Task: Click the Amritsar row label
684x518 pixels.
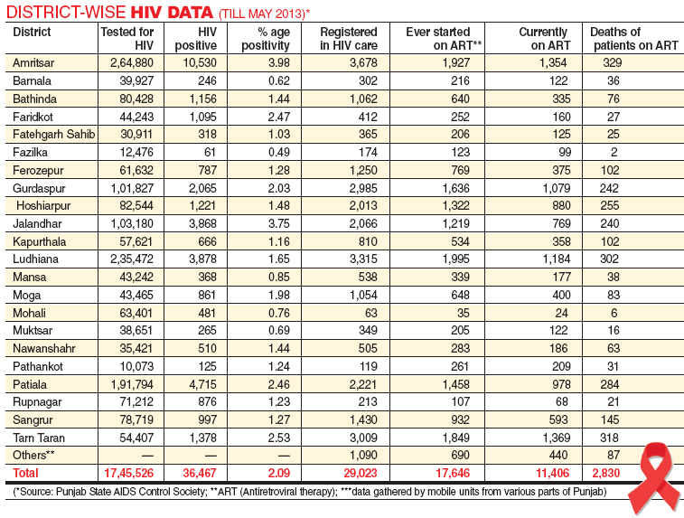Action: [x=33, y=63]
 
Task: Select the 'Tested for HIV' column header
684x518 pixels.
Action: [x=126, y=38]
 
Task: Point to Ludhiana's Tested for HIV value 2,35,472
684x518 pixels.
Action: [x=132, y=259]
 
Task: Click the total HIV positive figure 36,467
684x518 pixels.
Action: [x=200, y=473]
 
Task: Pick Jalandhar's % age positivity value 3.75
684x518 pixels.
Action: [x=279, y=223]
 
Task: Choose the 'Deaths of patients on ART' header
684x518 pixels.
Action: [x=633, y=38]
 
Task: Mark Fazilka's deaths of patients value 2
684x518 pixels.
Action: [x=614, y=152]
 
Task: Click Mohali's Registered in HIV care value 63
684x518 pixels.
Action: [x=371, y=313]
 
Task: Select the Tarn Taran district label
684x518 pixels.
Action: [x=39, y=438]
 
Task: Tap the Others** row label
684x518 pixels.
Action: [x=33, y=455]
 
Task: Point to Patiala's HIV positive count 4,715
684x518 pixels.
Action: [x=202, y=384]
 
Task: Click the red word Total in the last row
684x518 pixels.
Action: [x=25, y=473]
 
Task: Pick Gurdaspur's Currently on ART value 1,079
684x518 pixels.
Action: [x=557, y=188]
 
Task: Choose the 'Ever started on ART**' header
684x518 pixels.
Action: [x=444, y=38]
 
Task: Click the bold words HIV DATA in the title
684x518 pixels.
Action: [x=172, y=13]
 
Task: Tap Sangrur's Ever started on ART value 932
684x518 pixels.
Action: [x=460, y=419]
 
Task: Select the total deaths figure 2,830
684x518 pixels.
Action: [x=606, y=473]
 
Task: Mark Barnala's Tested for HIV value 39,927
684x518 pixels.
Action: [x=136, y=80]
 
